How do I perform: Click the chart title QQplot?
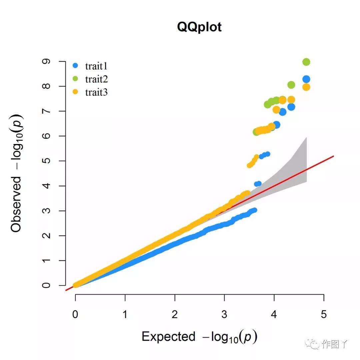(x=199, y=27)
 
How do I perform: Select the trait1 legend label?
(x=96, y=66)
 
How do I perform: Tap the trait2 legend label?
(x=96, y=79)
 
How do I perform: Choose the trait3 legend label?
(x=96, y=92)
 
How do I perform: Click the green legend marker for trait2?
(x=75, y=79)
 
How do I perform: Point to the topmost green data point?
(x=306, y=62)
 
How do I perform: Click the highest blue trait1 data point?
(x=306, y=79)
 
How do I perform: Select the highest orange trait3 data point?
(x=306, y=87)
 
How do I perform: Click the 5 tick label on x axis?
(x=324, y=314)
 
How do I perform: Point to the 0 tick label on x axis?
(x=75, y=314)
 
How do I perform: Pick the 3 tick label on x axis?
(x=224, y=314)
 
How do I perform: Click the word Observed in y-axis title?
(x=16, y=204)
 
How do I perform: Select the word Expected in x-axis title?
(x=168, y=337)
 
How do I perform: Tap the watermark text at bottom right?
(x=335, y=344)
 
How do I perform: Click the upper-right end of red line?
(x=333, y=156)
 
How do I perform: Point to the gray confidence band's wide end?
(x=306, y=160)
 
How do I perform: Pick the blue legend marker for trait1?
(x=75, y=66)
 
